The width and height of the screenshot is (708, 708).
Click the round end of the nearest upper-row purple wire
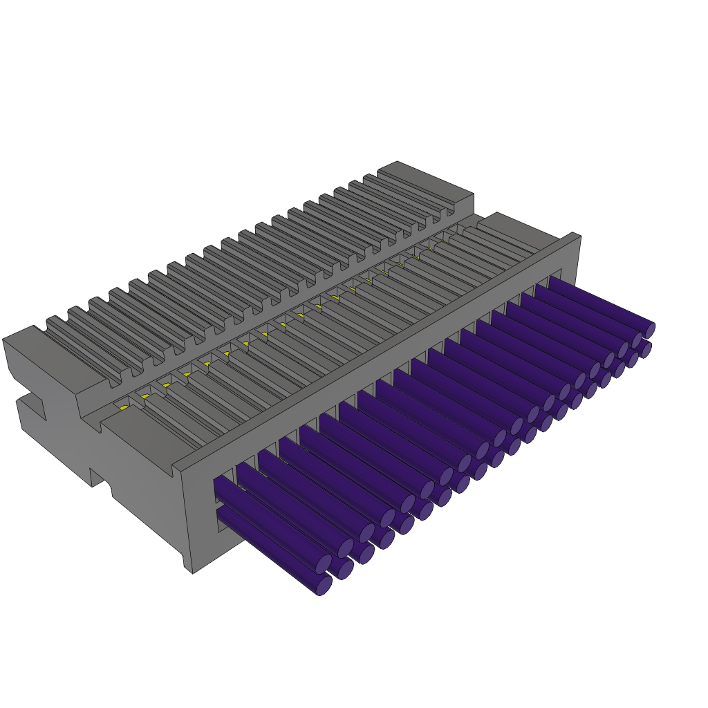[x=324, y=563]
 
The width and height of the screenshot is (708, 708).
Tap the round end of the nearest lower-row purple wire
[x=324, y=585]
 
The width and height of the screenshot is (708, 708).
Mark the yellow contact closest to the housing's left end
[x=124, y=408]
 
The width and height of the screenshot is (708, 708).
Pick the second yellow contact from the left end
[x=145, y=396]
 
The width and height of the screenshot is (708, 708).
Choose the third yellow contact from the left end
[x=167, y=385]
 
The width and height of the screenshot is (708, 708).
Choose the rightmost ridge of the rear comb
[x=411, y=188]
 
